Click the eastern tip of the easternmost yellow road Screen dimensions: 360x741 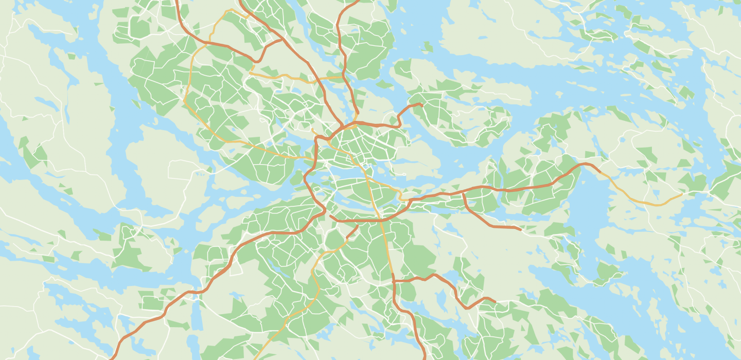click(x=682, y=194)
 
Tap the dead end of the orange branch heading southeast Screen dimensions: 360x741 click(x=521, y=229)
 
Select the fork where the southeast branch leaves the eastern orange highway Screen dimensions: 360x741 click(x=463, y=193)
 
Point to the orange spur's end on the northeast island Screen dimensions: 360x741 click(x=421, y=104)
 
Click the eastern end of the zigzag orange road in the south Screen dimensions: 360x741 click(x=495, y=302)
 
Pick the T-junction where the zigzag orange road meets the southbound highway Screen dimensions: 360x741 click(x=394, y=281)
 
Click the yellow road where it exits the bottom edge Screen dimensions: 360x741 click(x=255, y=359)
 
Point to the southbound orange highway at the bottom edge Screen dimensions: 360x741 click(x=425, y=358)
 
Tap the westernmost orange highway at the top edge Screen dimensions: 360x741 click(x=177, y=2)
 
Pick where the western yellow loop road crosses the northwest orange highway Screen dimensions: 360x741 click(x=210, y=42)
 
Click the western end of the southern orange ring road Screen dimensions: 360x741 click(x=330, y=217)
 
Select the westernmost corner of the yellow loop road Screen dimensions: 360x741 click(x=184, y=100)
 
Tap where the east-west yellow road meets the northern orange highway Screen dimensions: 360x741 click(x=343, y=77)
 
